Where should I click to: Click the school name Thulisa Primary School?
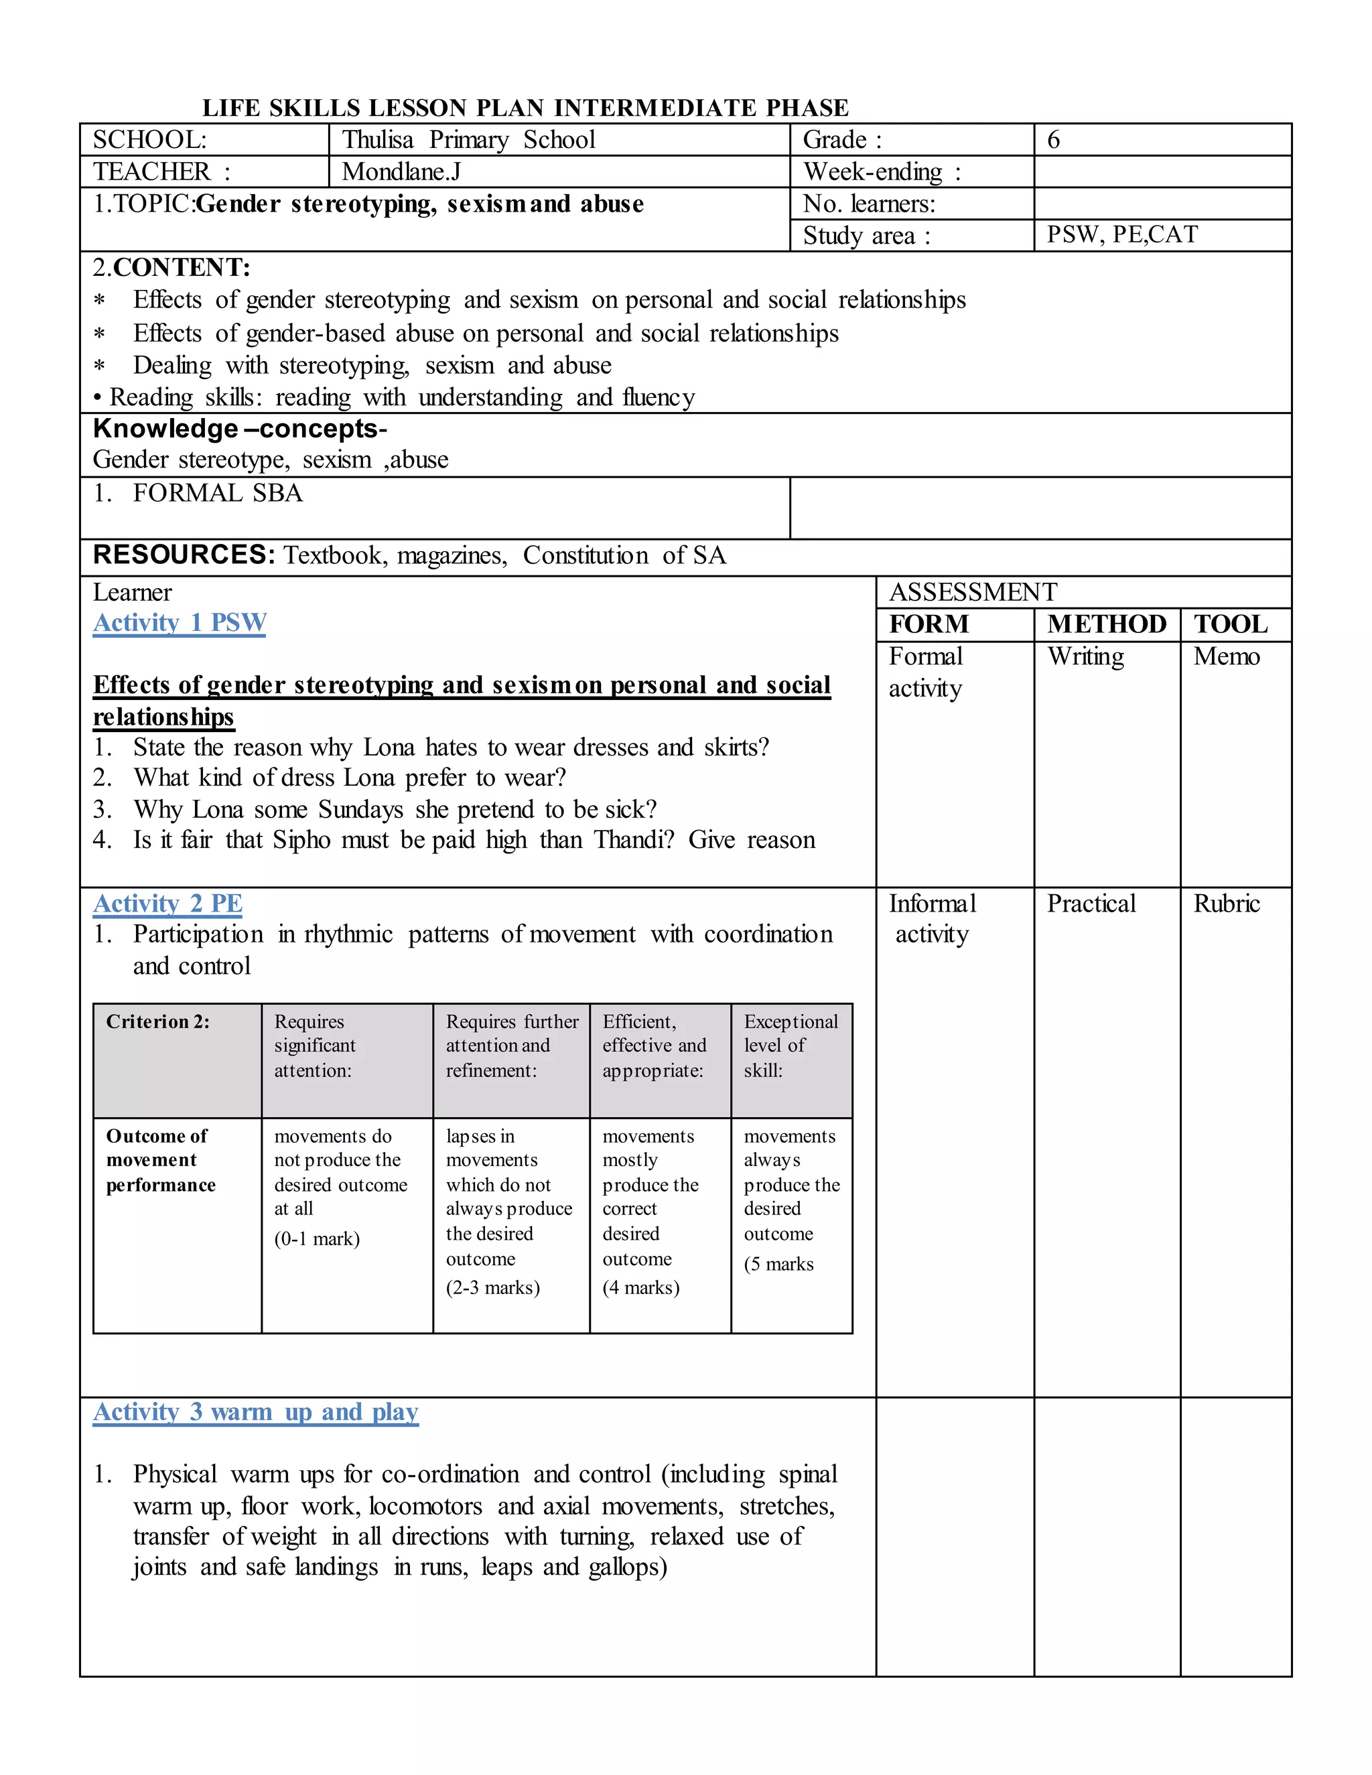click(x=468, y=140)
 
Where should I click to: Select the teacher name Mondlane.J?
click(x=401, y=171)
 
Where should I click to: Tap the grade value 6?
click(x=1053, y=140)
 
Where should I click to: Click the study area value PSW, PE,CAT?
click(x=1121, y=235)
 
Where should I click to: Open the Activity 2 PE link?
click(x=167, y=903)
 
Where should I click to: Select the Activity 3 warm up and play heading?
click(x=255, y=1412)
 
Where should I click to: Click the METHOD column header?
click(x=1106, y=624)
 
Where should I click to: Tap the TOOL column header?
click(x=1230, y=624)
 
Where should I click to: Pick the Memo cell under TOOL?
click(x=1226, y=656)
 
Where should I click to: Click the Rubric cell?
click(x=1226, y=904)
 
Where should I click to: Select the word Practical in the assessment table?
click(x=1091, y=904)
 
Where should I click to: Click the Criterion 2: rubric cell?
click(x=157, y=1021)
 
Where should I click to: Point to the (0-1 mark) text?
click(x=317, y=1238)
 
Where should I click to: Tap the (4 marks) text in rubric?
click(x=640, y=1287)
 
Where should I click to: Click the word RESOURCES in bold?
click(x=184, y=555)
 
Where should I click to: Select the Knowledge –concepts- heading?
click(x=240, y=429)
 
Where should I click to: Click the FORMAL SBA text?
click(x=217, y=494)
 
